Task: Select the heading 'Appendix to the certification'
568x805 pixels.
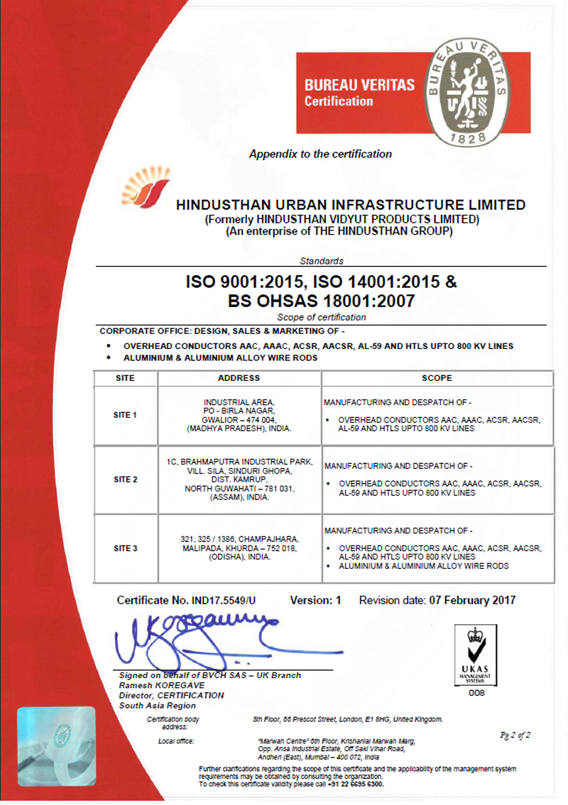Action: tap(320, 154)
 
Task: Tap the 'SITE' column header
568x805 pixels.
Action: tap(125, 379)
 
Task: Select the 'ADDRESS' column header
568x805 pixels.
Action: tap(239, 379)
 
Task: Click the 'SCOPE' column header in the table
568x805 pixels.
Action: tap(437, 379)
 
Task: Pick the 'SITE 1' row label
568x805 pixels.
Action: tap(125, 415)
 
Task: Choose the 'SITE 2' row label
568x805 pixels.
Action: tap(125, 479)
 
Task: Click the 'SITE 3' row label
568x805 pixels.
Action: tap(125, 548)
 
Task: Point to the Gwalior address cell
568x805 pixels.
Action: tap(239, 415)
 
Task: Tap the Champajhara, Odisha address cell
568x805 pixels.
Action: tap(239, 548)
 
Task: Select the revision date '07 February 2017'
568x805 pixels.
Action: tap(472, 601)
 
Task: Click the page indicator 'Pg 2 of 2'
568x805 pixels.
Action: tap(515, 735)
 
